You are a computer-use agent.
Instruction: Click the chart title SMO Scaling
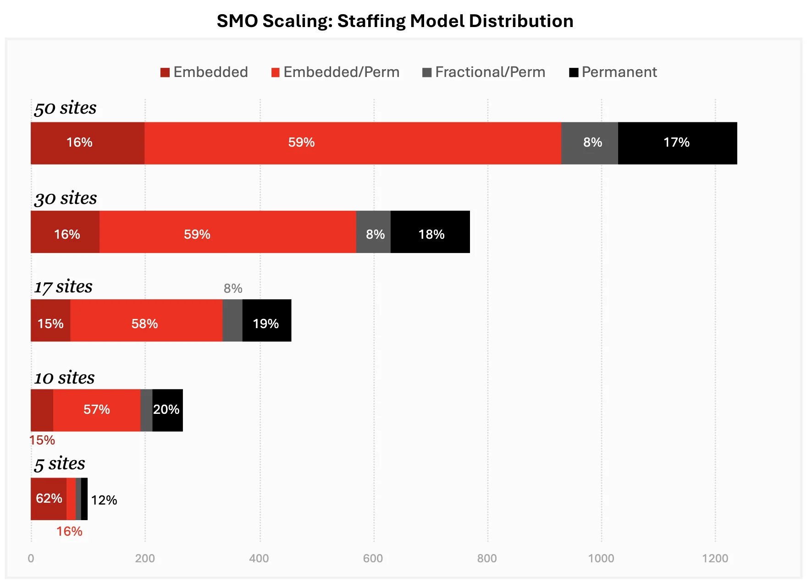click(395, 21)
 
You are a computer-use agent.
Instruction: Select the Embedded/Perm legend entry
click(335, 72)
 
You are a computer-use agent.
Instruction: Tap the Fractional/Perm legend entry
click(484, 72)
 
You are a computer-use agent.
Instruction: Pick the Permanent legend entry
click(613, 72)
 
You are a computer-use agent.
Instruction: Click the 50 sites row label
click(65, 108)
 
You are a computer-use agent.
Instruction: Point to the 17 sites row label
click(63, 287)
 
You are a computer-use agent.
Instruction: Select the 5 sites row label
click(60, 464)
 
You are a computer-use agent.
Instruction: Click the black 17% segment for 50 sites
click(677, 143)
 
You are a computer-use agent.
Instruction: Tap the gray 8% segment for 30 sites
click(373, 232)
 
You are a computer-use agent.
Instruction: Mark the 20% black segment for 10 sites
click(167, 410)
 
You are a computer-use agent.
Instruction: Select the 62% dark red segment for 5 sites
click(49, 499)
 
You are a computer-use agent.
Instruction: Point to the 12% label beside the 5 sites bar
click(104, 500)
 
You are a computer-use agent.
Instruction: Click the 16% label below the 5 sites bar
click(69, 532)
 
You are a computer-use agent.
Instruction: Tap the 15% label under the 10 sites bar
click(42, 440)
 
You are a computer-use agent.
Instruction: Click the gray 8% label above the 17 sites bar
click(233, 289)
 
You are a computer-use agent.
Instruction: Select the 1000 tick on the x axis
click(601, 558)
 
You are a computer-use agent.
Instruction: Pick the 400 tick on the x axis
click(259, 558)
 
